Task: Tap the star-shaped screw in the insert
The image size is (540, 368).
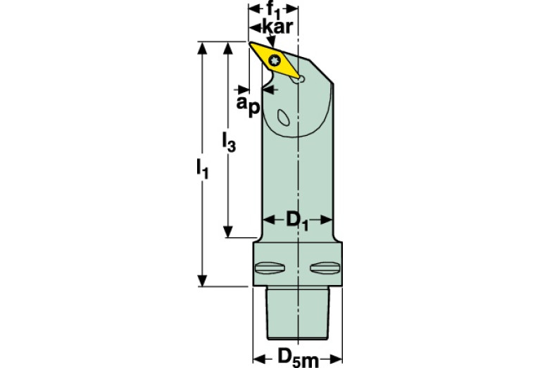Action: tap(275, 59)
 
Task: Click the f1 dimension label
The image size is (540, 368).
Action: tap(275, 11)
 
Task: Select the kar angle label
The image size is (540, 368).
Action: tap(276, 27)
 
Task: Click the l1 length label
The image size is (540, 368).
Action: tap(202, 170)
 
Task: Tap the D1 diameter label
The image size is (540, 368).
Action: tap(296, 220)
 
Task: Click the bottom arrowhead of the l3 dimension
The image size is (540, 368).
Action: tap(228, 233)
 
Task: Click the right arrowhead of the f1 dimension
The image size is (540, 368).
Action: tap(295, 11)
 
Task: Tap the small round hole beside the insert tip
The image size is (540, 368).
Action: tap(301, 80)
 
